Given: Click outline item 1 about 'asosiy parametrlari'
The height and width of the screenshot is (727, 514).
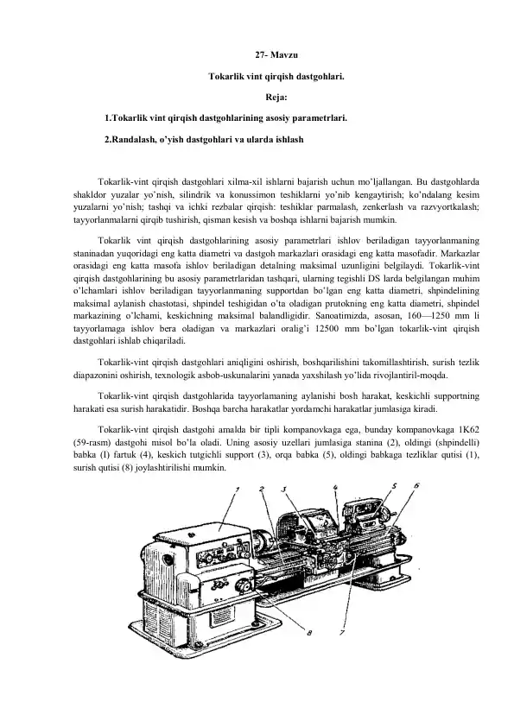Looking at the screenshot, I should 226,117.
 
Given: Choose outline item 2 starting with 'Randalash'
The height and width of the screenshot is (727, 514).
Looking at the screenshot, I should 203,137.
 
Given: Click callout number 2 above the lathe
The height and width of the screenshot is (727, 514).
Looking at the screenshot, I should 238,490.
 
